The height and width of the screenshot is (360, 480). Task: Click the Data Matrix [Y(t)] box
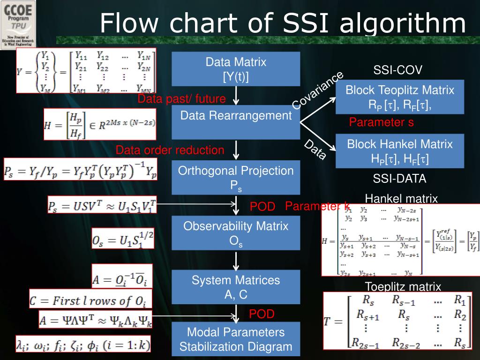coord(236,69)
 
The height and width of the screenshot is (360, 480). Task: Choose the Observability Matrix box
coord(236,232)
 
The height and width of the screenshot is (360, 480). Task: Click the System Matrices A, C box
coord(236,287)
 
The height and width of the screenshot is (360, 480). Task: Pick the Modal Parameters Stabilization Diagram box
coord(236,339)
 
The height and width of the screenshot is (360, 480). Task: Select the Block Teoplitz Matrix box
coord(400,97)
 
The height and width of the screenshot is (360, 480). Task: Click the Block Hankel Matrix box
coord(400,150)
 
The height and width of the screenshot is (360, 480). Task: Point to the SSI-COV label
coord(398,70)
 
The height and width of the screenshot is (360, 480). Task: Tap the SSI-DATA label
coord(400,179)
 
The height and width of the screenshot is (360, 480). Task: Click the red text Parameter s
coord(381,122)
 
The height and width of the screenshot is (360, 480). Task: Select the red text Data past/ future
coord(181,99)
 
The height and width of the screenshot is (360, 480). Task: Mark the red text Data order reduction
coord(170,150)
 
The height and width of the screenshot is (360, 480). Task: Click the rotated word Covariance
coord(317,91)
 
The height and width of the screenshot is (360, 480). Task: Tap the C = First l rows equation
coord(88,299)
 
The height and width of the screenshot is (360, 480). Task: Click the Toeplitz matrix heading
coord(403,286)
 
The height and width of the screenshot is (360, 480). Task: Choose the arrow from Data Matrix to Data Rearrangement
coord(237,96)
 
